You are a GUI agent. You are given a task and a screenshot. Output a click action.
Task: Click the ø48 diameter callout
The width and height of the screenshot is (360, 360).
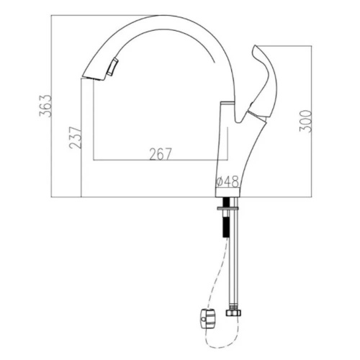tap(226, 181)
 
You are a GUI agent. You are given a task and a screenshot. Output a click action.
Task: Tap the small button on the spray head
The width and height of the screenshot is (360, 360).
tap(111, 68)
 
